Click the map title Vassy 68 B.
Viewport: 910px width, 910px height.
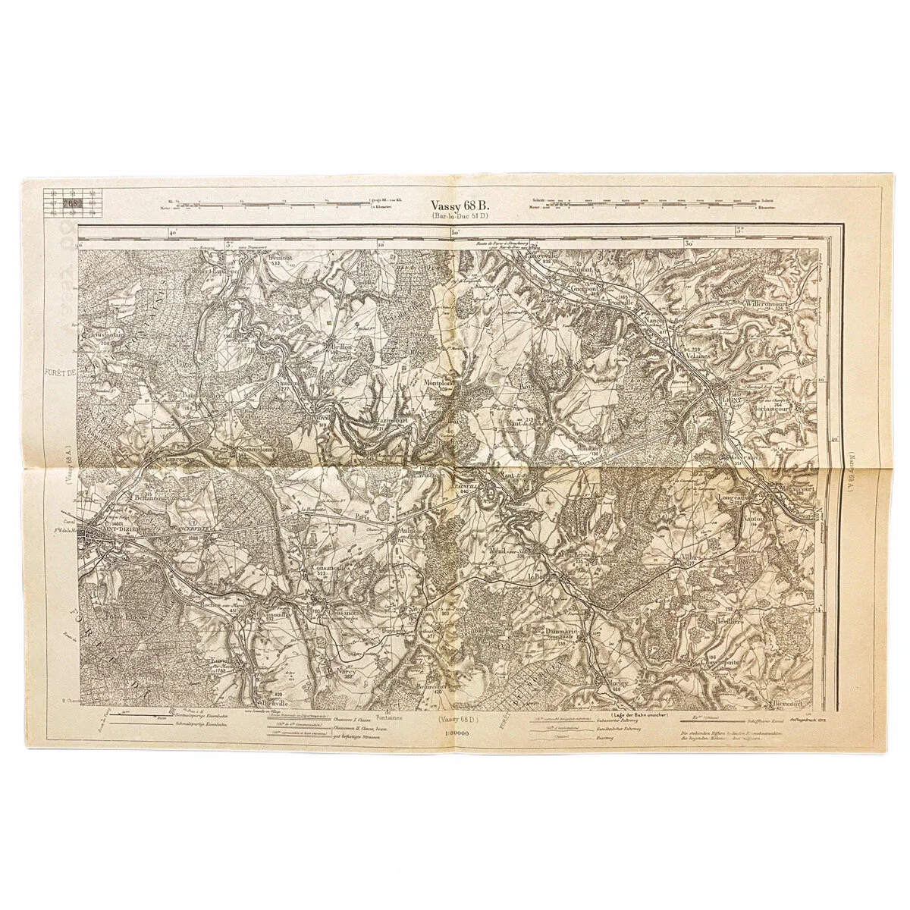460,205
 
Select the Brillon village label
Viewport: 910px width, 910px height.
339,347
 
